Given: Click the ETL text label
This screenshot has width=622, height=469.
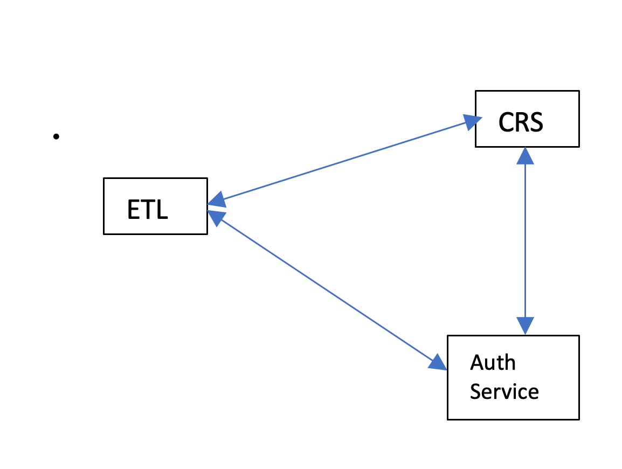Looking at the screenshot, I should click(x=147, y=209).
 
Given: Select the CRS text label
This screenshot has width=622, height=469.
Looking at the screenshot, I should click(x=521, y=122).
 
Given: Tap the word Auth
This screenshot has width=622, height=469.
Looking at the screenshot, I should click(x=493, y=363).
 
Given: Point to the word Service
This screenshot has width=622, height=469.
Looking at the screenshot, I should click(x=504, y=391).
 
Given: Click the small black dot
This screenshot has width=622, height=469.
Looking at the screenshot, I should click(x=56, y=136).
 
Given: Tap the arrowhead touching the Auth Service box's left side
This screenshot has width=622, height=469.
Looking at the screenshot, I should click(x=438, y=363).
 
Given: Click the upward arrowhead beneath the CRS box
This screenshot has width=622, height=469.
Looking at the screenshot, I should click(x=525, y=155).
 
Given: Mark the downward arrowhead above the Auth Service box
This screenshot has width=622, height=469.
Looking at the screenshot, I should click(x=525, y=326).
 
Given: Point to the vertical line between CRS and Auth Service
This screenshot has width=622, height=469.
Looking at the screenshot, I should click(x=525, y=243).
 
